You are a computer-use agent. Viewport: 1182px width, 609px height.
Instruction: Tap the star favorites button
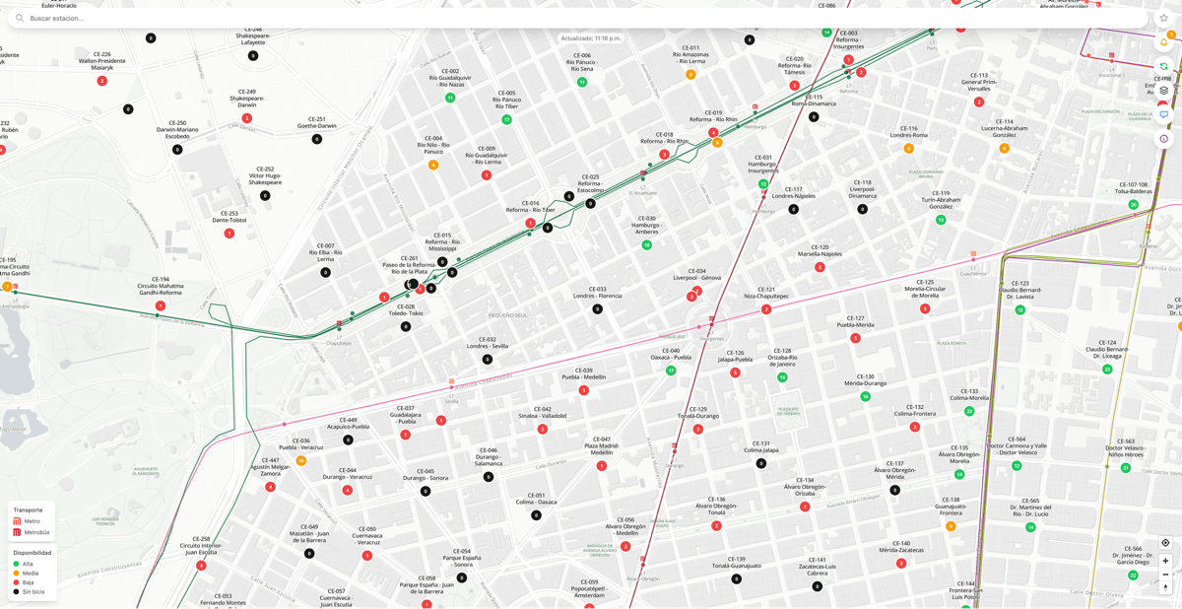(x=1163, y=18)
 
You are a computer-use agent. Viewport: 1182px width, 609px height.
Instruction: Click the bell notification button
(x=1163, y=42)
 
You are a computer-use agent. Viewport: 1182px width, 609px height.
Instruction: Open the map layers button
(x=1163, y=91)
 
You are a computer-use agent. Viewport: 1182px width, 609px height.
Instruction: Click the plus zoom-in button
(x=1165, y=561)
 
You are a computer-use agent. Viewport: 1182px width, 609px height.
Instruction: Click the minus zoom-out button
(x=1165, y=575)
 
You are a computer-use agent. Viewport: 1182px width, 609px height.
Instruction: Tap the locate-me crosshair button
(x=1165, y=543)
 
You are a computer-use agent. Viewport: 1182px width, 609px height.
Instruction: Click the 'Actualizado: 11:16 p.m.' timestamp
(x=591, y=38)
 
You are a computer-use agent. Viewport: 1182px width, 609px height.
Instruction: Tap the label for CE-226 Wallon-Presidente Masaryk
(x=102, y=61)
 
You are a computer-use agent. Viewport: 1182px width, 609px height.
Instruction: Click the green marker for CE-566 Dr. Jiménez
(x=1133, y=575)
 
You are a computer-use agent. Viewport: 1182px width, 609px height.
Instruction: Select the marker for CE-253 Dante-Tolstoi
(x=230, y=234)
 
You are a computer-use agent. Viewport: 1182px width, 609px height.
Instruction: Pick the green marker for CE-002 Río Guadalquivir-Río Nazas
(x=450, y=98)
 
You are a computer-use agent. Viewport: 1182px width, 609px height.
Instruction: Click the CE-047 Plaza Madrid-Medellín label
(x=602, y=445)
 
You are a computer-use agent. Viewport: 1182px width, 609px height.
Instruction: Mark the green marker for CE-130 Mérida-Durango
(x=866, y=397)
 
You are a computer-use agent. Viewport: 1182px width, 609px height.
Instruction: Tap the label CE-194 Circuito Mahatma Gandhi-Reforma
(x=160, y=286)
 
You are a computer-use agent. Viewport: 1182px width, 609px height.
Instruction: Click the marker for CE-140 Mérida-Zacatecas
(x=901, y=564)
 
